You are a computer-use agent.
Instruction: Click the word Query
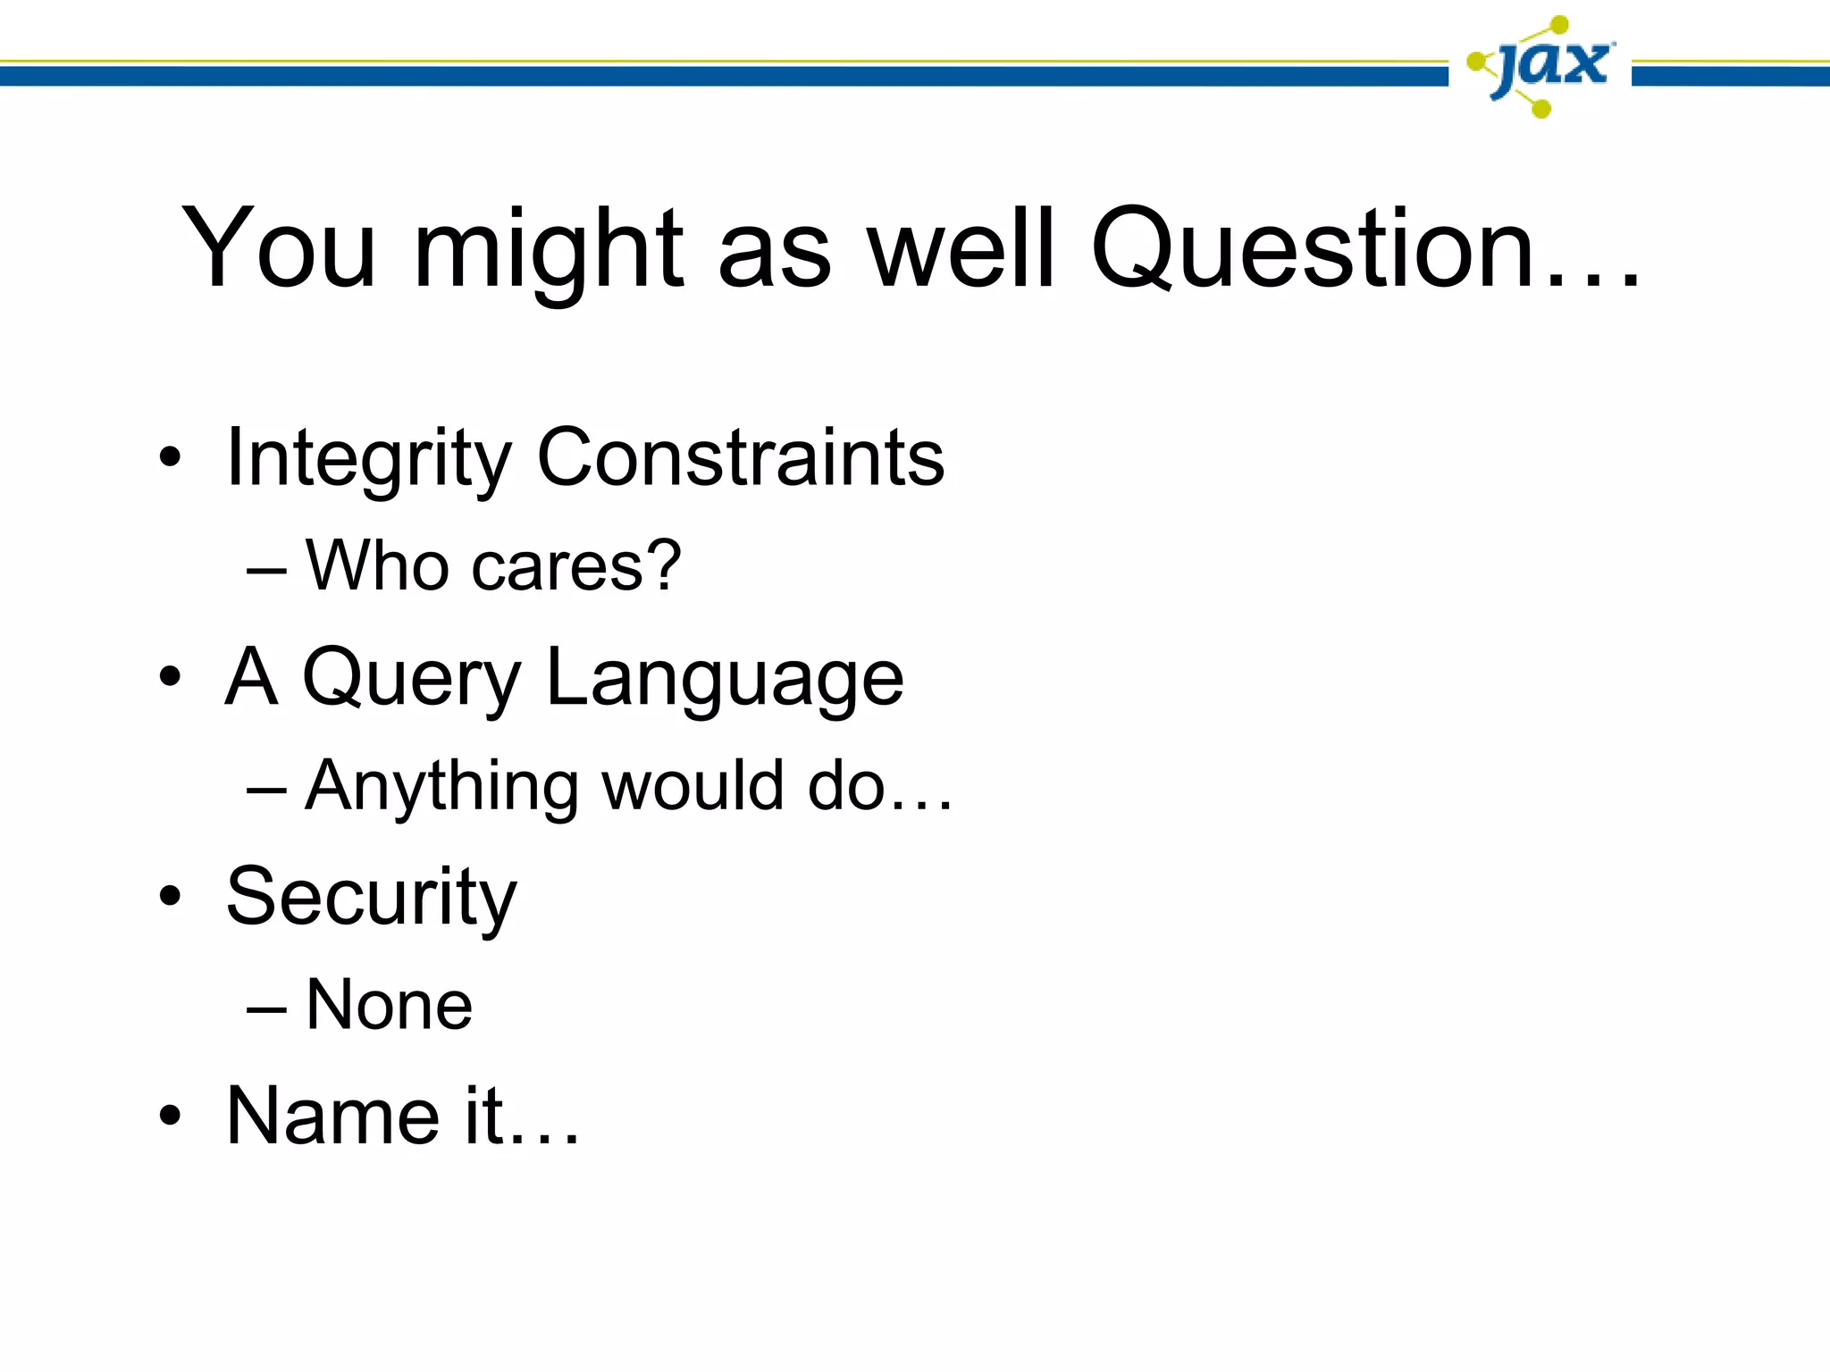pos(412,679)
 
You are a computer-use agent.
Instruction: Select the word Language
pos(725,679)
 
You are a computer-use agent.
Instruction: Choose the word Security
pos(372,897)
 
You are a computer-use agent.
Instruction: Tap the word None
pos(389,1005)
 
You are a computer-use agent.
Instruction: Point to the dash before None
pos(266,1008)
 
